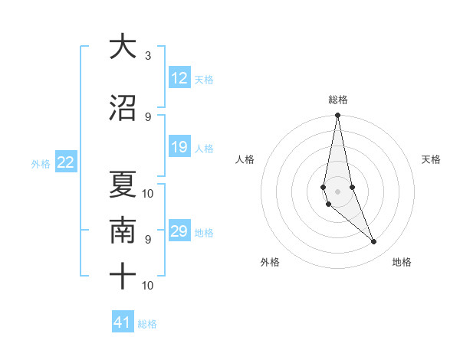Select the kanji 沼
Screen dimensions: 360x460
[122, 108]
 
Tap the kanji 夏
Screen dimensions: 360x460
[122, 182]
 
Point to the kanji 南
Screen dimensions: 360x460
[122, 231]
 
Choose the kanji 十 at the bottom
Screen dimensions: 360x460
[122, 277]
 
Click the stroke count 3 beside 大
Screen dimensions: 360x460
[148, 55]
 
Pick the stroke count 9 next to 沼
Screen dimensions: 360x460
[148, 116]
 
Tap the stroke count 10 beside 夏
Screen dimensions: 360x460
[148, 192]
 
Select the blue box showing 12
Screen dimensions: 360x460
[179, 78]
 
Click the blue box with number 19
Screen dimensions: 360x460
[179, 147]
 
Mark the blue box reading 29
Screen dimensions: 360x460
[179, 231]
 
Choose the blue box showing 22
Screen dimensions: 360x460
[66, 162]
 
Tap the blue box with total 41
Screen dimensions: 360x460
[123, 322]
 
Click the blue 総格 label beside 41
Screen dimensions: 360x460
[147, 324]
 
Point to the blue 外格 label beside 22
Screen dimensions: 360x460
[41, 163]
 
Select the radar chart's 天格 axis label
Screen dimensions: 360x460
[431, 159]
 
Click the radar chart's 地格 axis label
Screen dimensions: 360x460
[402, 262]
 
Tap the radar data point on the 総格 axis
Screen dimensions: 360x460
[337, 116]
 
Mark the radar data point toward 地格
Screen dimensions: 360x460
[374, 242]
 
